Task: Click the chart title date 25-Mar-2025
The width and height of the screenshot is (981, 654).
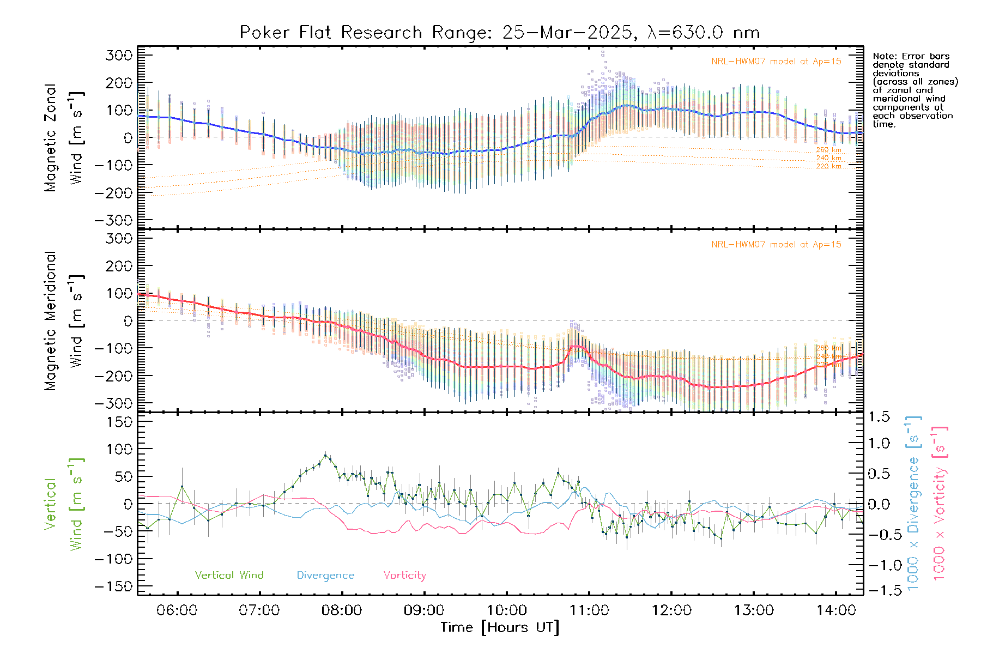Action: point(567,33)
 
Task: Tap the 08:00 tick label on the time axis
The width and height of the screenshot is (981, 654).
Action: point(342,610)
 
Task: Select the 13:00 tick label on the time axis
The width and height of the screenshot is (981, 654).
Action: point(754,610)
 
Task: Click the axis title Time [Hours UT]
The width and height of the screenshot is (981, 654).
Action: point(500,627)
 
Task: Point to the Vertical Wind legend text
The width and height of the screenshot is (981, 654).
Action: point(229,576)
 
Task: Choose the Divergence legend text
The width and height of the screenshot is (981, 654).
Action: point(325,576)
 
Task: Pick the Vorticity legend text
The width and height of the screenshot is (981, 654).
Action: point(404,576)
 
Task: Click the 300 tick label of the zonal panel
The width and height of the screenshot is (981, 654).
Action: point(119,55)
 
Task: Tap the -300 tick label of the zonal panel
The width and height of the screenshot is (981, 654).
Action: point(114,220)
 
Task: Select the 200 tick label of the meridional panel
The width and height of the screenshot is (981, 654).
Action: point(119,266)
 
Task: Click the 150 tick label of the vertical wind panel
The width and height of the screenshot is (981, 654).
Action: point(119,422)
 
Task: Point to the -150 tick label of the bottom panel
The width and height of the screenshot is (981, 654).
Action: point(114,586)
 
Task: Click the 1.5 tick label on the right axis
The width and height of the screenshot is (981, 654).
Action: point(879,417)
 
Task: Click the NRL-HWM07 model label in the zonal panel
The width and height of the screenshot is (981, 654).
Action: point(776,62)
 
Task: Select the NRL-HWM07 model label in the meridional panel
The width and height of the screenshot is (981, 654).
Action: point(776,245)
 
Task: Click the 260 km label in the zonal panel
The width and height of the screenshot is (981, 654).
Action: point(828,150)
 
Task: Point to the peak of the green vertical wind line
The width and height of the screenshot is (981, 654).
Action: point(325,455)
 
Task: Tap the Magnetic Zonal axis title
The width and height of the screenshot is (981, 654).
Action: point(50,138)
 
